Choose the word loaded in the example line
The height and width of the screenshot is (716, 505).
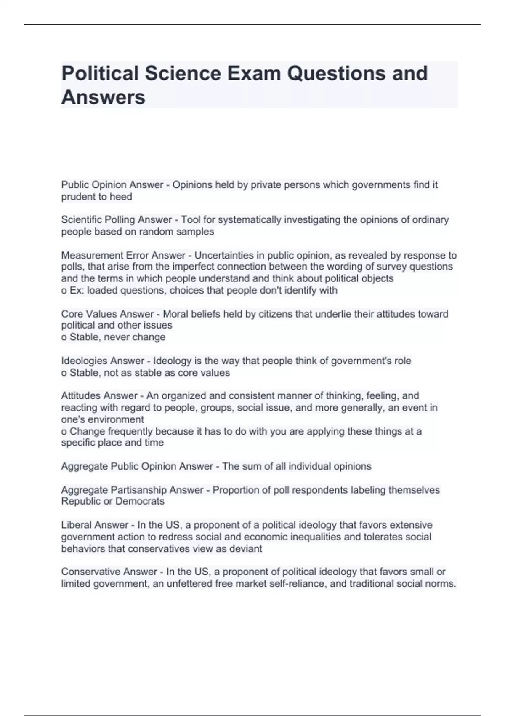tap(101, 290)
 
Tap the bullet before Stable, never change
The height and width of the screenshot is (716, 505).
tap(64, 337)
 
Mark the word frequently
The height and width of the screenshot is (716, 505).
tap(130, 431)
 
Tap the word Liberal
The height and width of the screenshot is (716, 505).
tap(77, 525)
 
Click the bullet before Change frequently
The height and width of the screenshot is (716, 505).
tap(64, 432)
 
